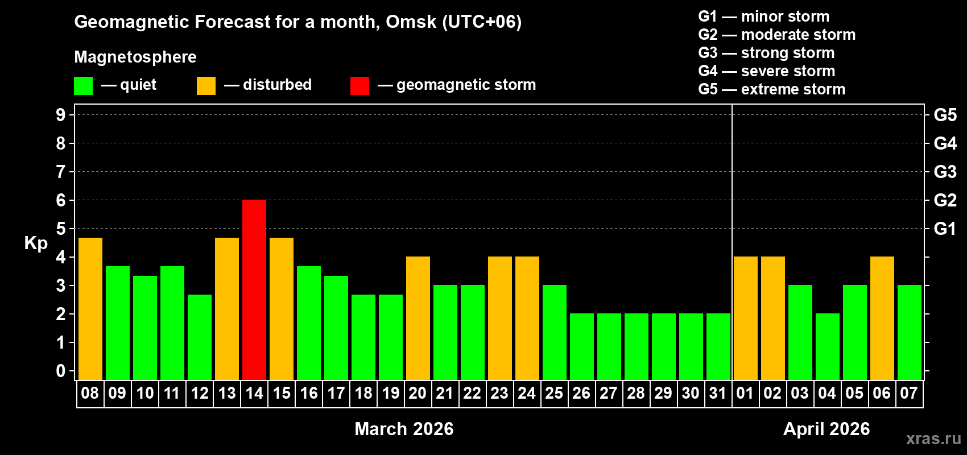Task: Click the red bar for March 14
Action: (x=254, y=289)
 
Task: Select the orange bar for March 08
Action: (x=90, y=308)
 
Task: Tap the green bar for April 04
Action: (x=827, y=346)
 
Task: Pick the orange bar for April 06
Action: (x=882, y=318)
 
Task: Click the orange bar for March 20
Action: (x=418, y=318)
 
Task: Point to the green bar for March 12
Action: (x=200, y=337)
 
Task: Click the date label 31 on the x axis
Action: (x=718, y=394)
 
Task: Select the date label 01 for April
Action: (x=745, y=394)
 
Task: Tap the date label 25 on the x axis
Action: (x=554, y=394)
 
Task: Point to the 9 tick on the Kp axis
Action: (x=61, y=115)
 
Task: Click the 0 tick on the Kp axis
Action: (x=61, y=371)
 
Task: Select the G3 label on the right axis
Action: (x=945, y=172)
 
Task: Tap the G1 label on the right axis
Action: (x=945, y=229)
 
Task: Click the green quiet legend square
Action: (x=84, y=86)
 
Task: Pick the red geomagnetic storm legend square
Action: (x=359, y=86)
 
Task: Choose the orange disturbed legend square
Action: (x=206, y=86)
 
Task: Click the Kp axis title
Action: (x=36, y=243)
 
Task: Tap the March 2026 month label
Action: (x=404, y=429)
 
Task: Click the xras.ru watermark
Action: (x=933, y=439)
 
